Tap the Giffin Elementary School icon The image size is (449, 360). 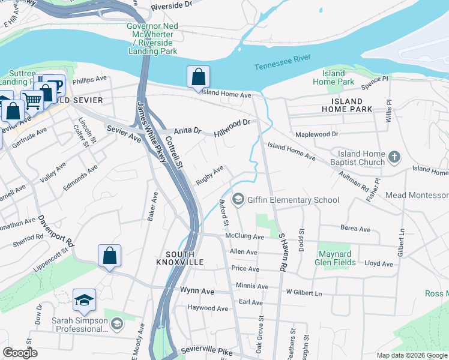click(x=238, y=200)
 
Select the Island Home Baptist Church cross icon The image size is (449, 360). click(x=394, y=157)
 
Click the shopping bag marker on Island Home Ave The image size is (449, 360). click(x=198, y=77)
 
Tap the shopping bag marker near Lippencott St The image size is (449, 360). click(x=109, y=256)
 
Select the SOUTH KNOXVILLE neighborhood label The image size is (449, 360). click(x=180, y=257)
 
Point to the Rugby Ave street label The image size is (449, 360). click(x=209, y=175)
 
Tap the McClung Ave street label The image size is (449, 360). click(x=245, y=237)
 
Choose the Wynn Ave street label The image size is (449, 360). click(x=197, y=291)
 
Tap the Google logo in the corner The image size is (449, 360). click(x=20, y=353)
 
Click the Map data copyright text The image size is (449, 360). click(x=411, y=355)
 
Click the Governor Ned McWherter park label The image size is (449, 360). click(x=152, y=38)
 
